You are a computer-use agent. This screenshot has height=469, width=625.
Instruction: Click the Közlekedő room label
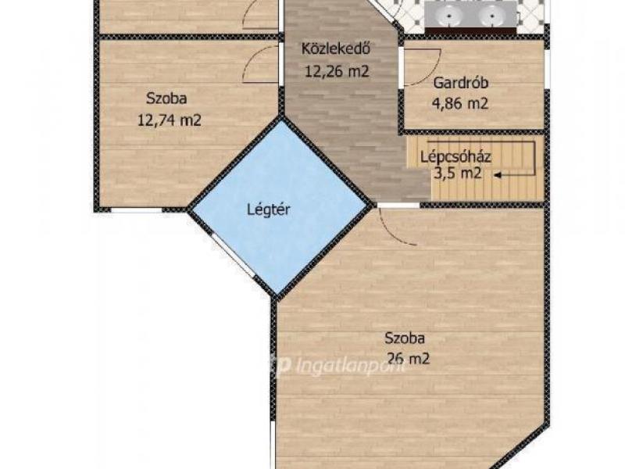coord(336,48)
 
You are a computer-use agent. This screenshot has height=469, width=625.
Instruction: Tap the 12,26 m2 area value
coord(337,71)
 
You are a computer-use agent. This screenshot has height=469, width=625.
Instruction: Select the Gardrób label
coord(461,83)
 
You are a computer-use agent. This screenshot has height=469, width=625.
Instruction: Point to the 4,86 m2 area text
coord(460,104)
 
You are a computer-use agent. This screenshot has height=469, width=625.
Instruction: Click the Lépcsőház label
coord(455,156)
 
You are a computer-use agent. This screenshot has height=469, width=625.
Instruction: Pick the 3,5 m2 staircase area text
coord(457,174)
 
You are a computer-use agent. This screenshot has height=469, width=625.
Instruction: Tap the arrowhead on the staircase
coord(498,174)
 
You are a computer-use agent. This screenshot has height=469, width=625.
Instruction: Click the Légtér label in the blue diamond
coord(268,209)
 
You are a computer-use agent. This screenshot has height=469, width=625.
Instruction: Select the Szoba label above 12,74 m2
coord(166,98)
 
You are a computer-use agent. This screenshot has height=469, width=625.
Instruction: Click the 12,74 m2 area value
coord(169,120)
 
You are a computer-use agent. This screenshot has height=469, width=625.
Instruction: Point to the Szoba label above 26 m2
coord(405,338)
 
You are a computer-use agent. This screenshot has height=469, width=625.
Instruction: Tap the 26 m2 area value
coord(408,359)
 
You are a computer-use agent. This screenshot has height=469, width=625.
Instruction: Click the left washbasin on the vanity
coord(448,16)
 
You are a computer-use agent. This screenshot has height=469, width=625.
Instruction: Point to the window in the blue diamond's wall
coord(233,256)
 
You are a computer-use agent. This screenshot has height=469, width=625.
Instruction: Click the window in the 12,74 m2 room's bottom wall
coord(136,209)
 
